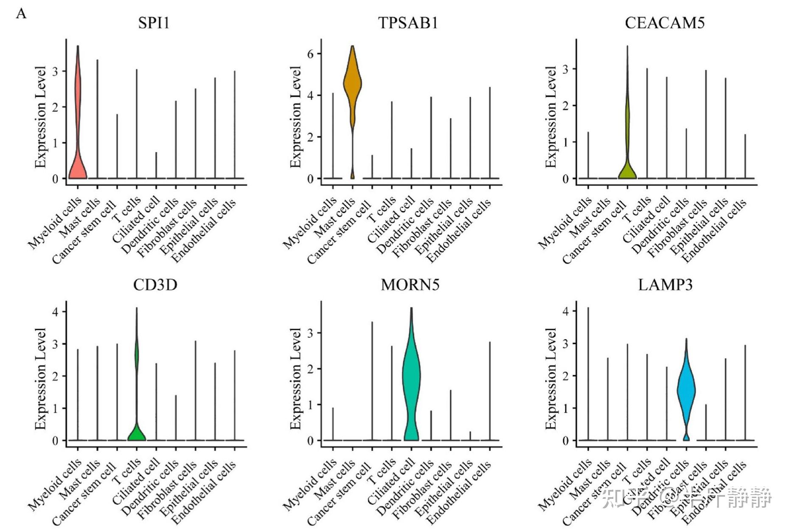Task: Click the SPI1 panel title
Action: tap(154, 23)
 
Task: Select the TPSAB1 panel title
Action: tap(408, 23)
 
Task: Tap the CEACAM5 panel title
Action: tap(665, 23)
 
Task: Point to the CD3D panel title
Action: tap(155, 285)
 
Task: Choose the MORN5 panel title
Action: tap(410, 285)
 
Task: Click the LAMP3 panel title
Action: tap(665, 285)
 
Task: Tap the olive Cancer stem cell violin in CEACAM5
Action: tap(627, 168)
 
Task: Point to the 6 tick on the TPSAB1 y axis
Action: tap(311, 54)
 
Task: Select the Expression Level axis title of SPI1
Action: tap(40, 117)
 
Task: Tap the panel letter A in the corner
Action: tap(21, 14)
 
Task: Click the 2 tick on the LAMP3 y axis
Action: tap(565, 376)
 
